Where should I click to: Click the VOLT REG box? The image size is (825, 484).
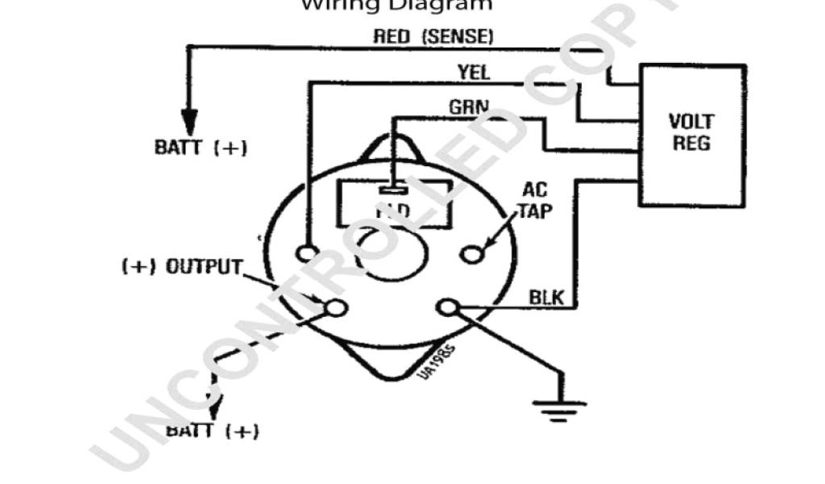(x=691, y=134)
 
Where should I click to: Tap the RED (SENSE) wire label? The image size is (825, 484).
(x=433, y=36)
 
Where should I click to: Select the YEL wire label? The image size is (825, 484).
(x=474, y=72)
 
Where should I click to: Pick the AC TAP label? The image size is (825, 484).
(x=534, y=200)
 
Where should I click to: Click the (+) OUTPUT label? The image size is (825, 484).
(x=181, y=267)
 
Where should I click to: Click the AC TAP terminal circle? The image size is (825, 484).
(x=471, y=254)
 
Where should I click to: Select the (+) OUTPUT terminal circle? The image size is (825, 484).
(x=335, y=307)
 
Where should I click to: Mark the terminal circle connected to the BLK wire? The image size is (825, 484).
(x=447, y=307)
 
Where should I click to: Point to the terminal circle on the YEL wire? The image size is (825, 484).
(x=307, y=253)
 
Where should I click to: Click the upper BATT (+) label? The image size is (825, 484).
(x=201, y=148)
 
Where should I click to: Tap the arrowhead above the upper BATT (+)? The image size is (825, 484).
(x=189, y=119)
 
